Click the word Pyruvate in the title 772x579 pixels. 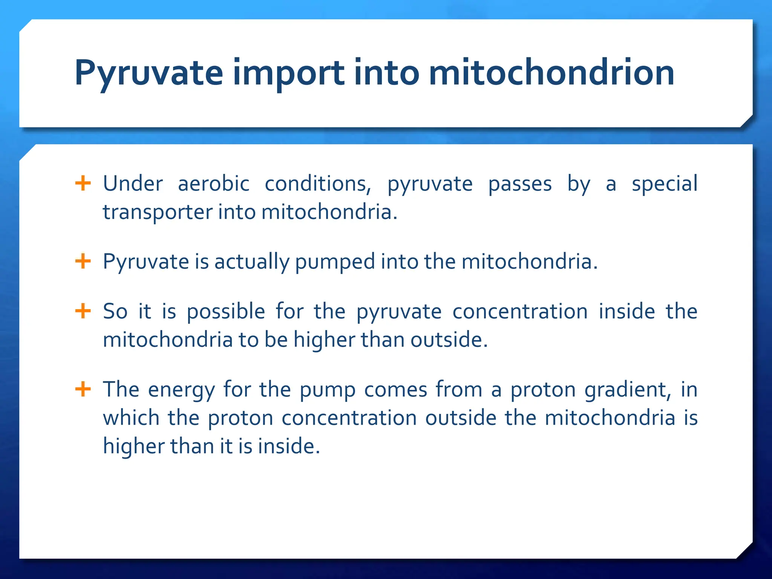[149, 73]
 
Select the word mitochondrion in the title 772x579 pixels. [551, 73]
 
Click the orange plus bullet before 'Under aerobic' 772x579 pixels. [83, 184]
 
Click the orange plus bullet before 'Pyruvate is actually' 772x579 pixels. [83, 261]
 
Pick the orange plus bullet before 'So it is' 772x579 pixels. [83, 311]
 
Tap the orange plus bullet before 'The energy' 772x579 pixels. [83, 389]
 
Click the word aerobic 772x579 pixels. [213, 184]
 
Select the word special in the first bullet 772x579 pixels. [664, 184]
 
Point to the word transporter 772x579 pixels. [158, 212]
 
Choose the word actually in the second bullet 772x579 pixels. [251, 262]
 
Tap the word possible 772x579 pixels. [226, 312]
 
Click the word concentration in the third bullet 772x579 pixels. [520, 312]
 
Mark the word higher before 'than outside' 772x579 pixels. [324, 340]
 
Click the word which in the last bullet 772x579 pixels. [131, 418]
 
